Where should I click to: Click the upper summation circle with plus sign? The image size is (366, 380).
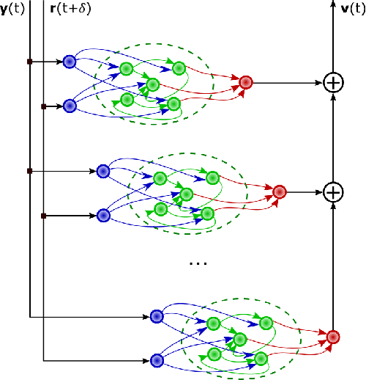(333, 83)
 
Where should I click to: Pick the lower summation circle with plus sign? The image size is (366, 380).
(333, 192)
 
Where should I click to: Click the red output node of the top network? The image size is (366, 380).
(246, 82)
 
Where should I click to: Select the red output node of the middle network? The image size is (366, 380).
(279, 192)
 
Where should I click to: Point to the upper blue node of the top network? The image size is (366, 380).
(70, 62)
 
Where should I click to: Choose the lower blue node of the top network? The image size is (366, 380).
(70, 107)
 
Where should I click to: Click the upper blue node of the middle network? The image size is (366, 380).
(103, 171)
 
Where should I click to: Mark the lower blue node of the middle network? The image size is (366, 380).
(103, 216)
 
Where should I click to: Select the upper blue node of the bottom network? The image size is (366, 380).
(156, 317)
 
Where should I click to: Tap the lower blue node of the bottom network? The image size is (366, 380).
(156, 360)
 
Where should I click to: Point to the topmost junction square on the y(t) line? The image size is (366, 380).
(29, 62)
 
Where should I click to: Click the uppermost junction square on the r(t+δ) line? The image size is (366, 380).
(44, 107)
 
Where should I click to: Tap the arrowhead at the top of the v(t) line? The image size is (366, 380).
(333, 19)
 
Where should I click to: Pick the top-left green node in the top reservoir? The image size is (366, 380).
(126, 69)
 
